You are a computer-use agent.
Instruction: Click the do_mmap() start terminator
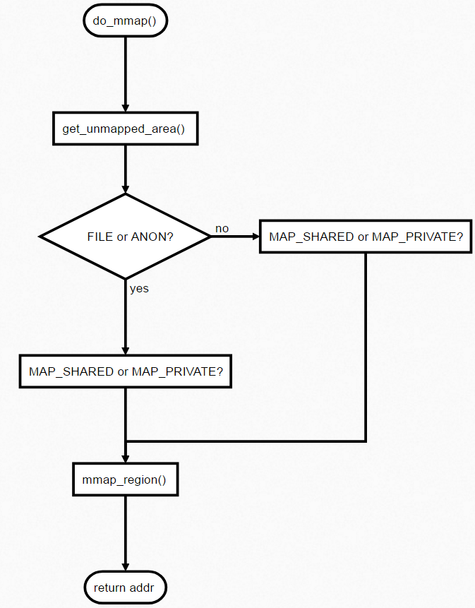pos(125,20)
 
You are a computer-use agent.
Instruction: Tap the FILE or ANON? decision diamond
pos(125,237)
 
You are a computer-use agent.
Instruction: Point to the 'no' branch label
pos(222,229)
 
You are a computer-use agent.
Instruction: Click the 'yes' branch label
pos(139,288)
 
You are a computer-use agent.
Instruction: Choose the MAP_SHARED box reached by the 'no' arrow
pos(366,237)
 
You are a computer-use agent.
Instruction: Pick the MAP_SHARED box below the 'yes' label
pos(126,371)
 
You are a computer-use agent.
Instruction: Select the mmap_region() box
pos(125,480)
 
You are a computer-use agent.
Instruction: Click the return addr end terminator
pos(125,588)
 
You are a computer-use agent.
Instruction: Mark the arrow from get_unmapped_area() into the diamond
pos(125,169)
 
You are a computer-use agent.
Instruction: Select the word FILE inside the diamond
pos(100,237)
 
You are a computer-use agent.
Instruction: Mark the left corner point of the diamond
pos(41,237)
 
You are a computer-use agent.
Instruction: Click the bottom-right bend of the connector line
pos(366,441)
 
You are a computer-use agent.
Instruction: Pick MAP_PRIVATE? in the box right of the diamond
pos(417,237)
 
